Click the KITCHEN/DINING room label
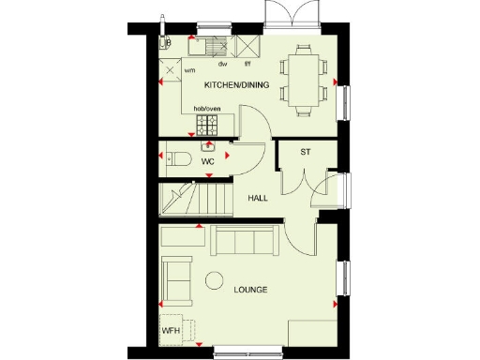coord(237,85)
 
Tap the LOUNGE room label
coord(250,290)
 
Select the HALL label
coord(258,200)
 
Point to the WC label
coord(208,161)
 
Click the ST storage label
coord(306,151)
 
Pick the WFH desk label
coord(170,331)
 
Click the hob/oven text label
coord(207,109)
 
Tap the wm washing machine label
coord(189,70)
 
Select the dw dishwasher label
coord(223,64)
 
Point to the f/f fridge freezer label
coord(247,64)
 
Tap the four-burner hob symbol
coord(207,126)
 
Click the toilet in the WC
coord(177,158)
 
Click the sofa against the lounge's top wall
coord(244,241)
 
